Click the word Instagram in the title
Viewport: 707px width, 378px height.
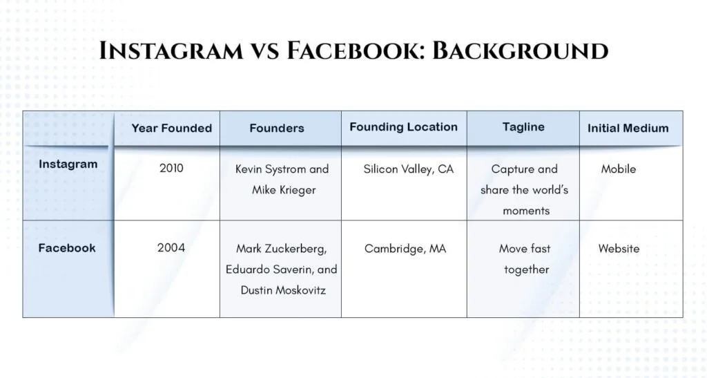click(x=171, y=50)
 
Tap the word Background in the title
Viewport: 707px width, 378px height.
click(x=521, y=50)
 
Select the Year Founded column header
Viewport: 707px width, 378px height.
click(x=172, y=128)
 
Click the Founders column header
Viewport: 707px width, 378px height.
click(x=277, y=128)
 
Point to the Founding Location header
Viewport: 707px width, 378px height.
click(x=403, y=127)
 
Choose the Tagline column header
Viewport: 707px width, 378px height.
click(x=523, y=127)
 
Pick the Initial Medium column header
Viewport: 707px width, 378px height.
click(x=628, y=128)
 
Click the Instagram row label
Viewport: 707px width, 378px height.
click(x=68, y=164)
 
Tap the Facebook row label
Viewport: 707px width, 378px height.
click(x=67, y=248)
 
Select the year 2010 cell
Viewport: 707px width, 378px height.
click(x=171, y=168)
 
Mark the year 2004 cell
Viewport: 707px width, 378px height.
click(x=171, y=247)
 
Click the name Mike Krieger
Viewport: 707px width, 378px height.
click(x=284, y=190)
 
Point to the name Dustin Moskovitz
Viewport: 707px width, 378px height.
click(x=283, y=290)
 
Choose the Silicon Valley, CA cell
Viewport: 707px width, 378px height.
click(x=409, y=169)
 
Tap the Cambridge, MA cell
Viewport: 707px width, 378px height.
click(x=405, y=249)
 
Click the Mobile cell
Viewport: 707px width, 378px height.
click(x=618, y=169)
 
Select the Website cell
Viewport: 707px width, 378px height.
click(x=619, y=249)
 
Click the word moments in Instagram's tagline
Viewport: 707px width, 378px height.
click(x=526, y=211)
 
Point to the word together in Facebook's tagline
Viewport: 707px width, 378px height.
click(x=526, y=270)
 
